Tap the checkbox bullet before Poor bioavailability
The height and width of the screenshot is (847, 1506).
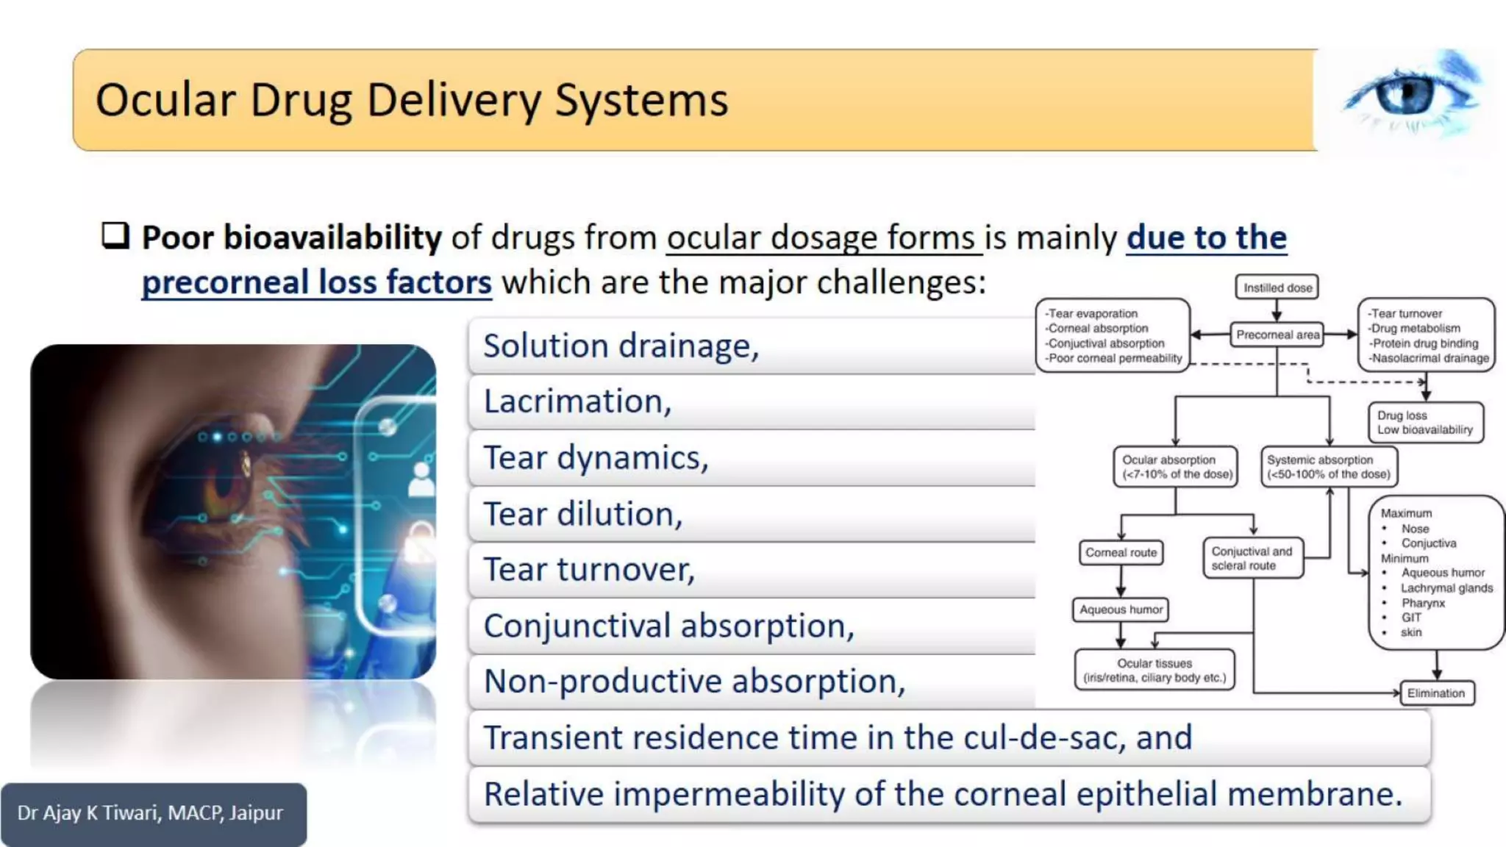coord(115,236)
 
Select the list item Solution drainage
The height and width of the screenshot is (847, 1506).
coord(620,346)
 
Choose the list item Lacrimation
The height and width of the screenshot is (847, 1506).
coord(577,401)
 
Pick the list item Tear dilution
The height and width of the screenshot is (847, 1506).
coord(582,514)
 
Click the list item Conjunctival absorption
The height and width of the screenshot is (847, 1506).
coord(668,626)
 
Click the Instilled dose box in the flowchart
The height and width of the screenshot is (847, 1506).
coord(1277,287)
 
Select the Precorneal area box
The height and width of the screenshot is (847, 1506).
coord(1277,335)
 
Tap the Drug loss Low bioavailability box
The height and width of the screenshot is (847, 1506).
coord(1424,422)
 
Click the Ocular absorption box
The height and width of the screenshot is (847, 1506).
coord(1176,467)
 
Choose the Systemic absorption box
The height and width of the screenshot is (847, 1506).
coord(1328,467)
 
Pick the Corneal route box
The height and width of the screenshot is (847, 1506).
coord(1121,552)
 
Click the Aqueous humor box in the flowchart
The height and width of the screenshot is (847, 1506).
coord(1121,610)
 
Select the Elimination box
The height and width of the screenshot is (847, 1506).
coord(1435,693)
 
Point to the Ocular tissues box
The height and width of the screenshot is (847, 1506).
coord(1154,670)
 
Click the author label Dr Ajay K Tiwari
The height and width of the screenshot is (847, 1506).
coord(151,813)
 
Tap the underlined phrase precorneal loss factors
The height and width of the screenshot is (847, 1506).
coord(316,282)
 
